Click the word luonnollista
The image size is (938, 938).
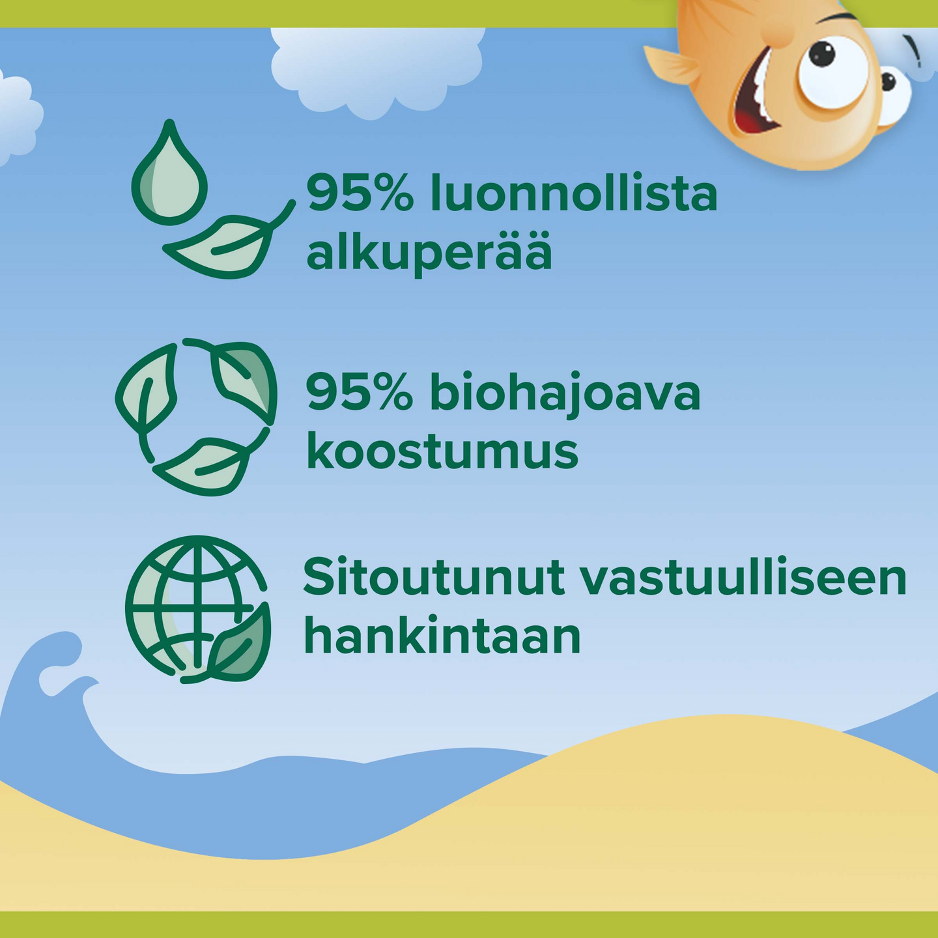pos(574,192)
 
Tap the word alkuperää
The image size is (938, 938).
pos(429,254)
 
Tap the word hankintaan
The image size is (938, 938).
pos(442,633)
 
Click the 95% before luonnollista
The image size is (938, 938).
pos(360,193)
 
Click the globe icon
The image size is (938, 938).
pos(195,608)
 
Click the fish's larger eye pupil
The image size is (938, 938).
pos(823,53)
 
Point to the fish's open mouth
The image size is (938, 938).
pos(754,97)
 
